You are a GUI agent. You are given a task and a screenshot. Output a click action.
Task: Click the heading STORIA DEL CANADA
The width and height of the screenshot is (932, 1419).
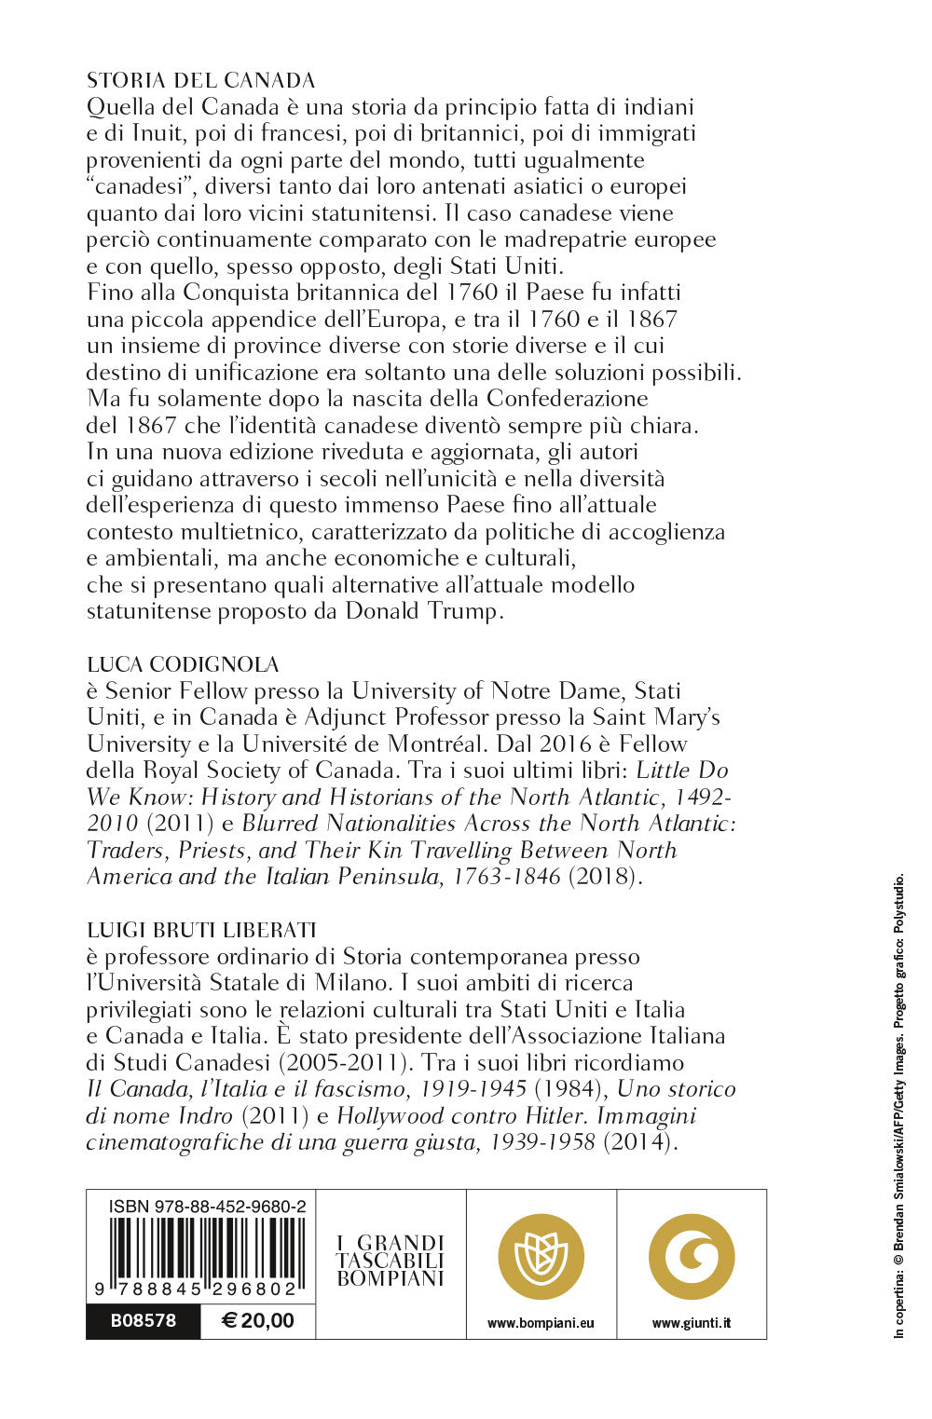(x=200, y=80)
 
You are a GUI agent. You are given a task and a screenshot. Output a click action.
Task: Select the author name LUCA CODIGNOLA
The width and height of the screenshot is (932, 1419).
(x=183, y=664)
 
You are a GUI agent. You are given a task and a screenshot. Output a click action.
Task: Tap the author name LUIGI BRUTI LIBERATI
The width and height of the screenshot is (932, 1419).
(x=201, y=930)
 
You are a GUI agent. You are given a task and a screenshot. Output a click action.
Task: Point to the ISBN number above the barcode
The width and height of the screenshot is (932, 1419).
(x=207, y=1206)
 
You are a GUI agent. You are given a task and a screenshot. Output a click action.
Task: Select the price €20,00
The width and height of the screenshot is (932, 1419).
(x=257, y=1320)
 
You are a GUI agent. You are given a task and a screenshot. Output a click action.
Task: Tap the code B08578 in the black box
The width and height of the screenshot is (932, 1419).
(x=143, y=1320)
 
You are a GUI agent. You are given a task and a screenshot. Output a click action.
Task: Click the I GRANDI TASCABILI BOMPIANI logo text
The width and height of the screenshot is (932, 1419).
(x=391, y=1261)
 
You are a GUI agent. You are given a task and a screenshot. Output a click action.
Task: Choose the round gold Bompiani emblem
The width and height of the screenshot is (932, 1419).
(x=541, y=1257)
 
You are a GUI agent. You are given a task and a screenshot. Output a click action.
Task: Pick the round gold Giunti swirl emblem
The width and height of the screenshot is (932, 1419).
(x=692, y=1257)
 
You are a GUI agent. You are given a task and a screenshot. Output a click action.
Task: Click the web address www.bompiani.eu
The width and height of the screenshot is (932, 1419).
(x=541, y=1323)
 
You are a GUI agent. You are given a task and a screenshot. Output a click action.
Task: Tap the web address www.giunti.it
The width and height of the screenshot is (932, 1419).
(x=692, y=1323)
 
